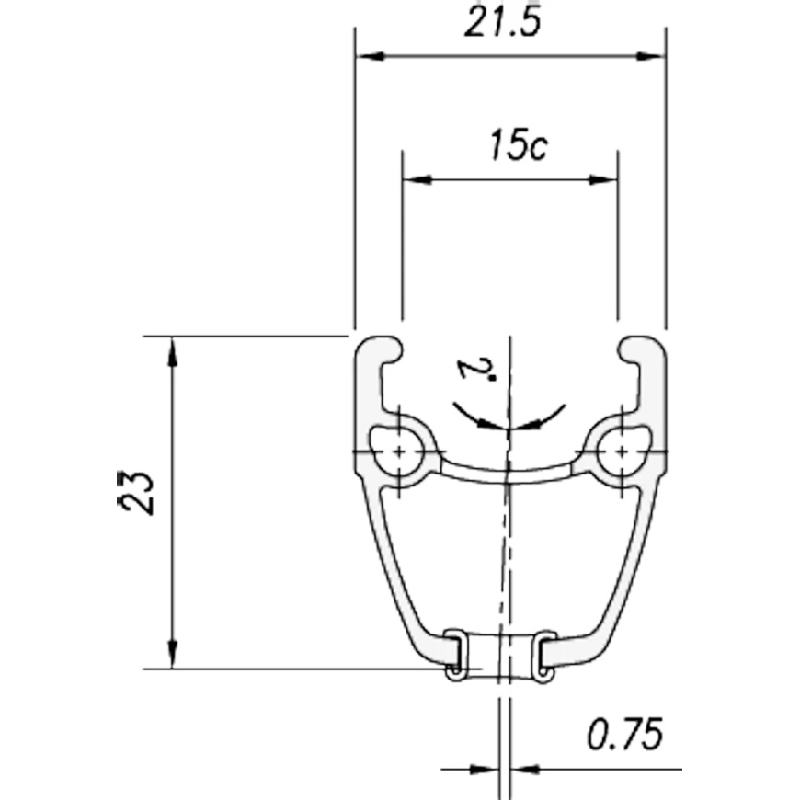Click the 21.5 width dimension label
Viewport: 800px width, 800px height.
tap(502, 22)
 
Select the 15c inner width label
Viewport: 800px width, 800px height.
tap(519, 145)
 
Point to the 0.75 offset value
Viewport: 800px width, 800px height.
tap(625, 734)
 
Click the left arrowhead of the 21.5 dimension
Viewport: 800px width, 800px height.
tap(370, 56)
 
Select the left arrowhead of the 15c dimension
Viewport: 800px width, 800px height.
tap(417, 179)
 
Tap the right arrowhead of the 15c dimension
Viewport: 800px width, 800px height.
tap(603, 179)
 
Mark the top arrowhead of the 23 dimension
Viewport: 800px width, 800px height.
tap(173, 351)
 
